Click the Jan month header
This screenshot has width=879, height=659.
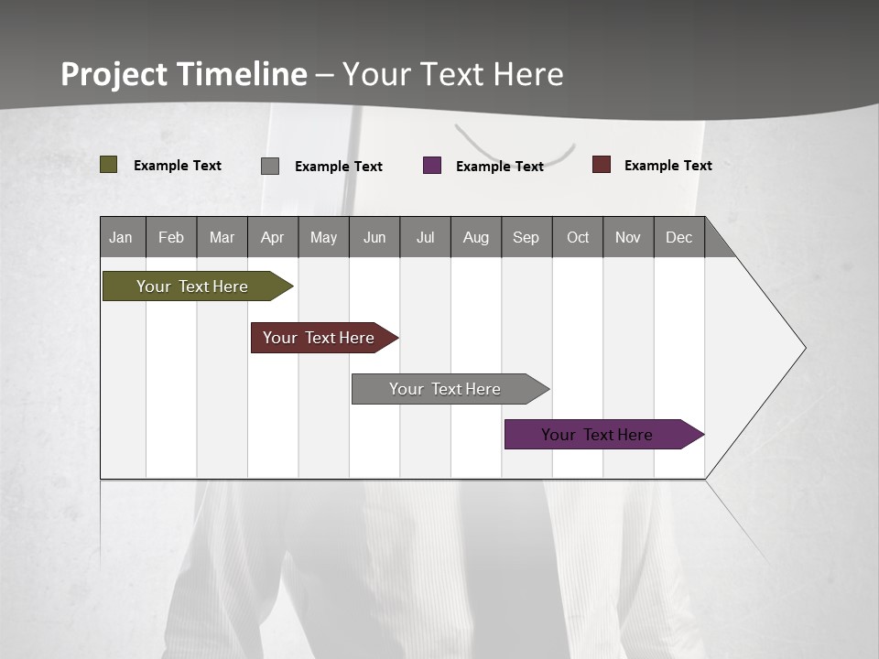(121, 237)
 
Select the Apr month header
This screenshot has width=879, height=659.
(273, 237)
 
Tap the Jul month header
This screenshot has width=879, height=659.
(425, 237)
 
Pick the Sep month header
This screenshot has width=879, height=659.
(526, 237)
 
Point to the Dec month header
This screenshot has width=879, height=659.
(678, 237)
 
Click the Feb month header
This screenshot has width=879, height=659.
(171, 237)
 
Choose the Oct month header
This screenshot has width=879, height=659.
(578, 237)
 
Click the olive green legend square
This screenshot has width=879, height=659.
(109, 165)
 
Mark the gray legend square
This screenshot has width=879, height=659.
(270, 166)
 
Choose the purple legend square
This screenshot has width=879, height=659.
(432, 166)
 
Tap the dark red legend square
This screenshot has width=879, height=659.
(602, 165)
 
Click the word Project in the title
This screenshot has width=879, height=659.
(114, 74)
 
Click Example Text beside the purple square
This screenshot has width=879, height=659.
(500, 167)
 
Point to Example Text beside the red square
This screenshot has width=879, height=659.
(668, 166)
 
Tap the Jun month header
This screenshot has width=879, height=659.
(374, 237)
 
